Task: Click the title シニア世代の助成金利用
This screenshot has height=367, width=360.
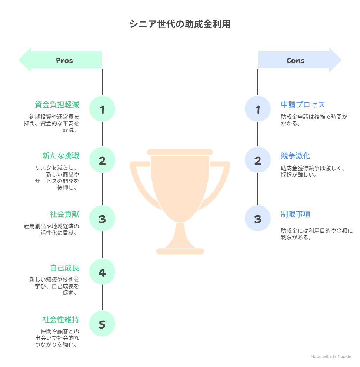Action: (x=180, y=24)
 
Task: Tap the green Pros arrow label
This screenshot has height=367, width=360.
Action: (x=64, y=60)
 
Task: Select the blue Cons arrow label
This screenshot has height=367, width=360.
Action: (x=296, y=60)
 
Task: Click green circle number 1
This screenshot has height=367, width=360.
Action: (x=102, y=109)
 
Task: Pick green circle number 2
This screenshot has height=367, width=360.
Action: (x=102, y=160)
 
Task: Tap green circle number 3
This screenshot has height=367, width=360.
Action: (x=102, y=219)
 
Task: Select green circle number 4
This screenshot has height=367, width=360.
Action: (x=102, y=273)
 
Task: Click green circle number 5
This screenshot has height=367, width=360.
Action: (x=102, y=324)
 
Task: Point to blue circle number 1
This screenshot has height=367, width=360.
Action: (x=258, y=109)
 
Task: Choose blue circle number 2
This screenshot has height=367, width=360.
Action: (x=258, y=160)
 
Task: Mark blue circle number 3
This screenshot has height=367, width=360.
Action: (x=258, y=219)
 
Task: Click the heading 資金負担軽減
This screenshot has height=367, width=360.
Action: (x=57, y=104)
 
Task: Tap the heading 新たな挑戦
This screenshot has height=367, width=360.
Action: (x=61, y=155)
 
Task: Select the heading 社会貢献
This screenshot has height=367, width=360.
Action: (x=64, y=214)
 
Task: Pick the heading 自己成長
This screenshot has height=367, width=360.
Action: (x=64, y=268)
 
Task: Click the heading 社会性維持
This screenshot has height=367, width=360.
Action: (x=61, y=319)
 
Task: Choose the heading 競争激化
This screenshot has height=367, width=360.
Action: (x=295, y=155)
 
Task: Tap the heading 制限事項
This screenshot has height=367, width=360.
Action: (x=295, y=214)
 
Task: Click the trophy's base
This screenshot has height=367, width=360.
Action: (x=180, y=251)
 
